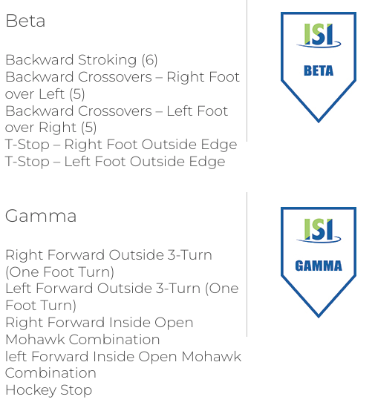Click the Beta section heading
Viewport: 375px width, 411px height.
click(25, 21)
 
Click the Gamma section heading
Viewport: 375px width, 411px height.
click(41, 216)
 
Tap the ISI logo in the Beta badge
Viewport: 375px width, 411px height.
click(319, 36)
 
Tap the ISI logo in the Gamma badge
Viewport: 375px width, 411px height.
click(319, 231)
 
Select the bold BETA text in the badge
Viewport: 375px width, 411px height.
click(319, 70)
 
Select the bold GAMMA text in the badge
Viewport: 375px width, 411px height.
click(319, 266)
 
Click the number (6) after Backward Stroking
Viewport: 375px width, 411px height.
click(149, 60)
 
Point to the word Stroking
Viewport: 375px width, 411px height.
click(108, 60)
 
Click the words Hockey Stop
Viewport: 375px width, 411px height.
click(48, 390)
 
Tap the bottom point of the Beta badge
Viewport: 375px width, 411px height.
click(319, 122)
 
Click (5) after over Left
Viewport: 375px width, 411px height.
click(77, 94)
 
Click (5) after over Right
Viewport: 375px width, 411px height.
click(88, 128)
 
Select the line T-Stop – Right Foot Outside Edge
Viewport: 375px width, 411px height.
click(121, 145)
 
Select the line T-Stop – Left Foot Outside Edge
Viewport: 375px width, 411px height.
click(115, 162)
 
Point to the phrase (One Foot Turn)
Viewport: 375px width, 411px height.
click(60, 272)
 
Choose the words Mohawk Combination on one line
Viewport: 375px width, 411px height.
click(82, 340)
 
